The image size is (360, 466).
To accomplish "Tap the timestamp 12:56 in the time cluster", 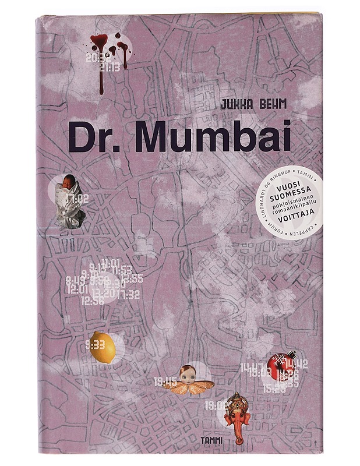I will pos(93,302).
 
